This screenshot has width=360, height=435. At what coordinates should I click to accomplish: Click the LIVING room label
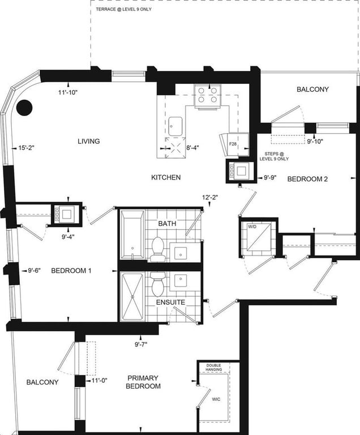89,141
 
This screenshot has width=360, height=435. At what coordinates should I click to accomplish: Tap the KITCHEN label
166,177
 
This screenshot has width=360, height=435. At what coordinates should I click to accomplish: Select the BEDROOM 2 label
307,179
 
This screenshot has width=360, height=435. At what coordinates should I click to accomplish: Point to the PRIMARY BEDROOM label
143,382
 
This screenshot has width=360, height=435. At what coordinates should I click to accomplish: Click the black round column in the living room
24,108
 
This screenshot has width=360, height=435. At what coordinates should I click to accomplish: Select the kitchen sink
175,126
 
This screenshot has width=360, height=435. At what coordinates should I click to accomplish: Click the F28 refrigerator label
233,144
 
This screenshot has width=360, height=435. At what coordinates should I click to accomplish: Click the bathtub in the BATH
132,234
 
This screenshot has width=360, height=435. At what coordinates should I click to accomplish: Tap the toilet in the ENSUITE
158,284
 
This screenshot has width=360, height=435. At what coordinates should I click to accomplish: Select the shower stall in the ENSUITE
133,297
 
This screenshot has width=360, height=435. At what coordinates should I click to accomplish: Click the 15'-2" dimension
26,148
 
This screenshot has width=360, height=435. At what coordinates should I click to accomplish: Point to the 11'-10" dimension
68,93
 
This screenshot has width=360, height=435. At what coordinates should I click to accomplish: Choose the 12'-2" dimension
210,197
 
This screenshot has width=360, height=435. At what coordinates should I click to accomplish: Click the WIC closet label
216,399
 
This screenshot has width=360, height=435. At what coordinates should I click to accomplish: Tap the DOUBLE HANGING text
213,368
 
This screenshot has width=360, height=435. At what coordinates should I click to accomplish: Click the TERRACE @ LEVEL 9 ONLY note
124,9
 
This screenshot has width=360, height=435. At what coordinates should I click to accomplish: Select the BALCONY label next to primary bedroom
42,382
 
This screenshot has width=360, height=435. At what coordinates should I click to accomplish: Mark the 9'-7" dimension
141,344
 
